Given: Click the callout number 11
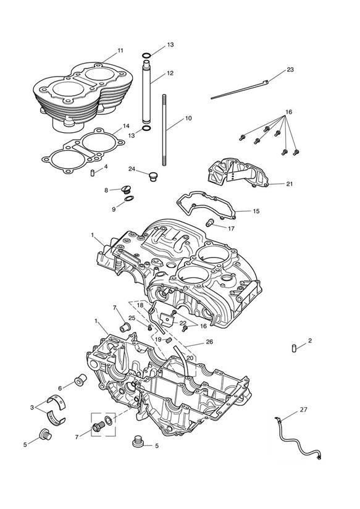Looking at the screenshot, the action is (120, 51).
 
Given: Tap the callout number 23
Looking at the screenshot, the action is (290, 69).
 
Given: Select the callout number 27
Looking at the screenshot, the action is (304, 410).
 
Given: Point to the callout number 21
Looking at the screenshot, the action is (290, 183).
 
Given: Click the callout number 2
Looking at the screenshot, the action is (310, 340).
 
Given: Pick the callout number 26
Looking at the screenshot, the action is (210, 342).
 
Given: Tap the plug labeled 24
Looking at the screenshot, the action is (153, 177).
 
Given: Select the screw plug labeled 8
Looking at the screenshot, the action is (126, 189).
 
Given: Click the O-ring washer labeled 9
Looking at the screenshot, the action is (129, 199).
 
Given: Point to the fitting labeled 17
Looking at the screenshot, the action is (210, 222).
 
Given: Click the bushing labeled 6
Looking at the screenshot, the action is (80, 380).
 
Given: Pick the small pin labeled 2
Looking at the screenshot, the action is (294, 348).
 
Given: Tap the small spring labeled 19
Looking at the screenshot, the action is (169, 340).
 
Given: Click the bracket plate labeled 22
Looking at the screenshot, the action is (167, 321).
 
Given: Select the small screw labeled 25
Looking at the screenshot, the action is (149, 328).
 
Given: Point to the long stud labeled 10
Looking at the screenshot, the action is (165, 130).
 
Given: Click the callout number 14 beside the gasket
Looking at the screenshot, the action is (126, 126).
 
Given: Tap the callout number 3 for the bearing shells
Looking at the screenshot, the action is (32, 408).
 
